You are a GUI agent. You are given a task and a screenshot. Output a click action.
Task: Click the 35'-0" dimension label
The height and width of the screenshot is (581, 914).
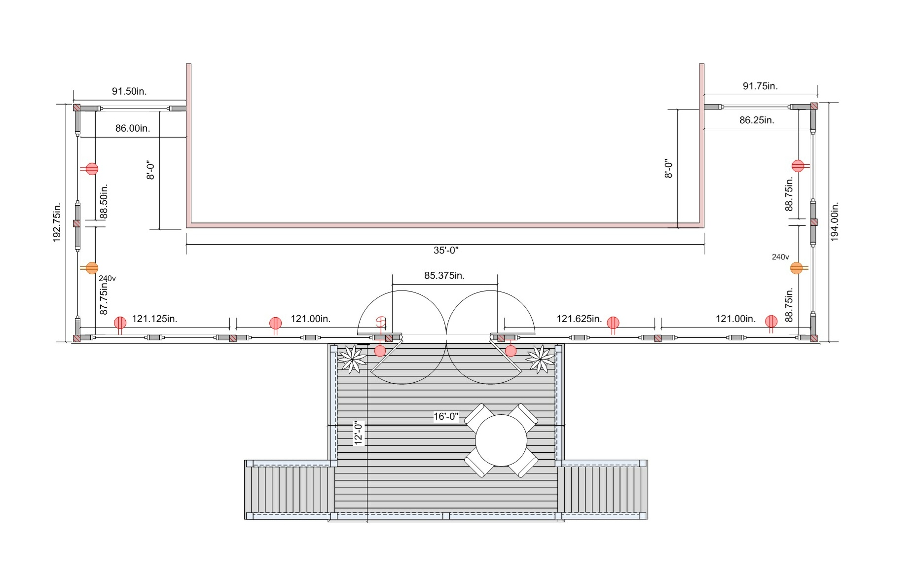pos(446,251)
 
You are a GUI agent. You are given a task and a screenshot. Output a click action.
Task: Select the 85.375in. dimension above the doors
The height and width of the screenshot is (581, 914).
pos(444,275)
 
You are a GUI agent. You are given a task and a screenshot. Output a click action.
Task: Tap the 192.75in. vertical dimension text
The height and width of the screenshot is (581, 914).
pos(57,222)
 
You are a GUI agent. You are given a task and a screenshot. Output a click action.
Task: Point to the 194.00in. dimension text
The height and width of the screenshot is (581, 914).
pos(835,221)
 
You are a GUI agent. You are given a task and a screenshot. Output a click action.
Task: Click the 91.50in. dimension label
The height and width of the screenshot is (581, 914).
pos(129,91)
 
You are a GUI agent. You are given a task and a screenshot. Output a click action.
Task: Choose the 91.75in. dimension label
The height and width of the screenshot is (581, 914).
pos(760,86)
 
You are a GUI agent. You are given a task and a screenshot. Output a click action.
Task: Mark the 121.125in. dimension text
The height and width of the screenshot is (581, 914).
pos(154,319)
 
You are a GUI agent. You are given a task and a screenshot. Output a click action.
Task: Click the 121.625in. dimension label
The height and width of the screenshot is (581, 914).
pos(579,319)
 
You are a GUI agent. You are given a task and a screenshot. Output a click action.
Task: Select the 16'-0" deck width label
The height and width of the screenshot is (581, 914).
pos(446,417)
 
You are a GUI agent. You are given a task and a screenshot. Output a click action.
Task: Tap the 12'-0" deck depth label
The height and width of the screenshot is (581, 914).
pos(359,433)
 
